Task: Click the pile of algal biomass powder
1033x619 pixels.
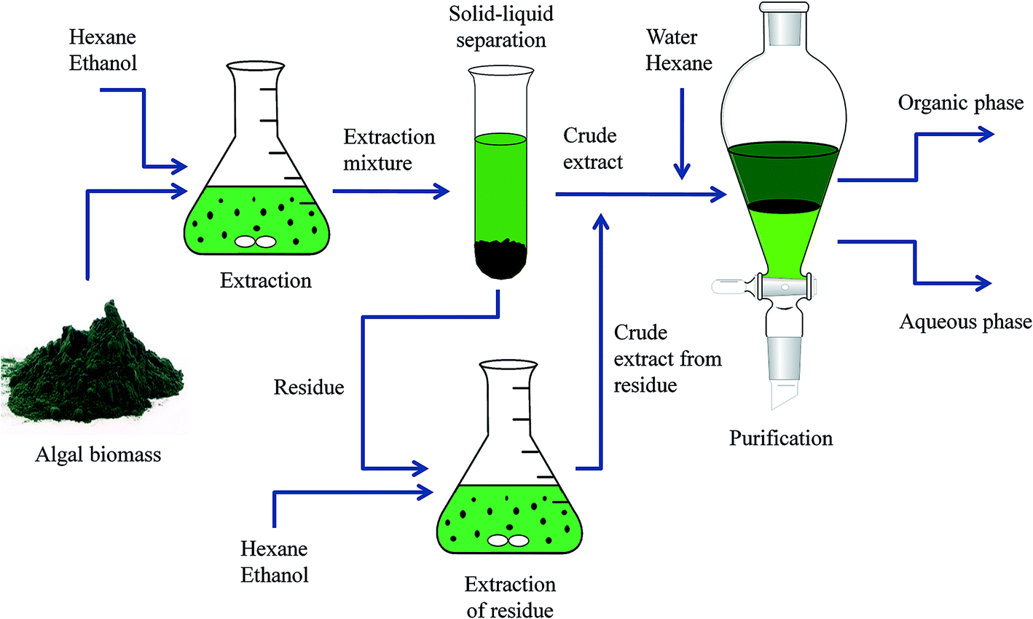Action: [95, 371]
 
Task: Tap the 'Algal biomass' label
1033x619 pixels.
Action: [98, 455]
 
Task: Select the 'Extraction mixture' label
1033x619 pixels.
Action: [389, 149]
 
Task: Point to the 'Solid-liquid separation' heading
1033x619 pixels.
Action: [501, 26]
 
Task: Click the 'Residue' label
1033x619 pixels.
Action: [309, 387]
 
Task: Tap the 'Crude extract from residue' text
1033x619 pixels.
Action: [667, 359]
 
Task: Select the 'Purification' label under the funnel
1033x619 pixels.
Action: [781, 438]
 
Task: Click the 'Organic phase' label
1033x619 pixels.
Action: [960, 103]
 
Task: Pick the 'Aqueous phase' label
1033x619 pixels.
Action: [965, 321]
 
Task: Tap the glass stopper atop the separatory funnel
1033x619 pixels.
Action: [784, 15]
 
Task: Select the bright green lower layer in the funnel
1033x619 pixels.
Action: [784, 240]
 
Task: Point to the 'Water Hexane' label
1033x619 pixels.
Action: [678, 50]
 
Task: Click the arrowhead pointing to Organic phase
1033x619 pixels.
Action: [985, 134]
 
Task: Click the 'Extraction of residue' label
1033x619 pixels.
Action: [510, 597]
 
